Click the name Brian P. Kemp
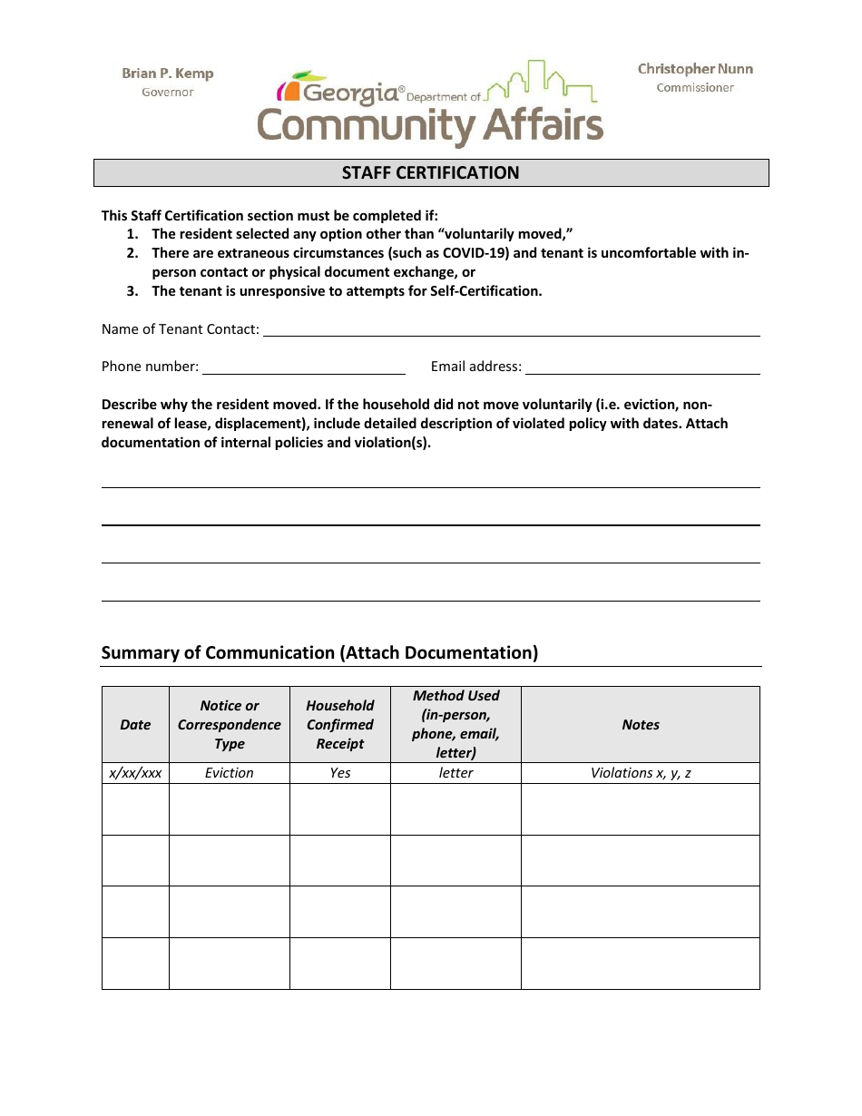pyautogui.click(x=168, y=73)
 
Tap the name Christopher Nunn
pyautogui.click(x=695, y=69)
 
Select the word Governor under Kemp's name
pyautogui.click(x=168, y=92)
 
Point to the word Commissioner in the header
pyautogui.click(x=695, y=88)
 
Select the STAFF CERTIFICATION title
pyautogui.click(x=430, y=172)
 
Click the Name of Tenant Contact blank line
pyautogui.click(x=511, y=330)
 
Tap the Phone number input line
pyautogui.click(x=303, y=367)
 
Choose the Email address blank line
pyautogui.click(x=642, y=367)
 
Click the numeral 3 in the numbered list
pyautogui.click(x=132, y=291)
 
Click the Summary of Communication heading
pyautogui.click(x=319, y=652)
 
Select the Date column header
pyautogui.click(x=135, y=724)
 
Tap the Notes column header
pyautogui.click(x=640, y=724)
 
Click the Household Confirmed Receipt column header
pyautogui.click(x=339, y=724)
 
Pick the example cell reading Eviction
pyautogui.click(x=229, y=773)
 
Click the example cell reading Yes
pyautogui.click(x=339, y=773)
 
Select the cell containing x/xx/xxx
pyautogui.click(x=135, y=773)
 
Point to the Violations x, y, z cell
pyautogui.click(x=640, y=773)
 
